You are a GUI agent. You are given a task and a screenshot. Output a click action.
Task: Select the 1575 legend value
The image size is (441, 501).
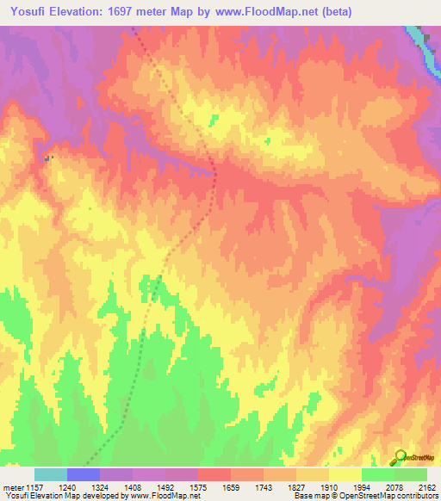click(x=225, y=487)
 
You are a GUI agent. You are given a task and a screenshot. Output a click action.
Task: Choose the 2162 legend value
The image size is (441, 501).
click(x=425, y=487)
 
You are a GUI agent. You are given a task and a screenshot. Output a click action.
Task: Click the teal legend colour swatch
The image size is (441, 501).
click(x=51, y=474)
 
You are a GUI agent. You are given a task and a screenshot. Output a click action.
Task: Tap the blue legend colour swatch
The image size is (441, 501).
click(x=84, y=474)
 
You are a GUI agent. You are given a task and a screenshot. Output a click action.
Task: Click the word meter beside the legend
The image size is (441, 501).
click(x=13, y=487)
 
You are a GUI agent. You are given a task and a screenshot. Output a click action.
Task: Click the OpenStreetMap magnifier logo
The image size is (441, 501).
click(x=398, y=458)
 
